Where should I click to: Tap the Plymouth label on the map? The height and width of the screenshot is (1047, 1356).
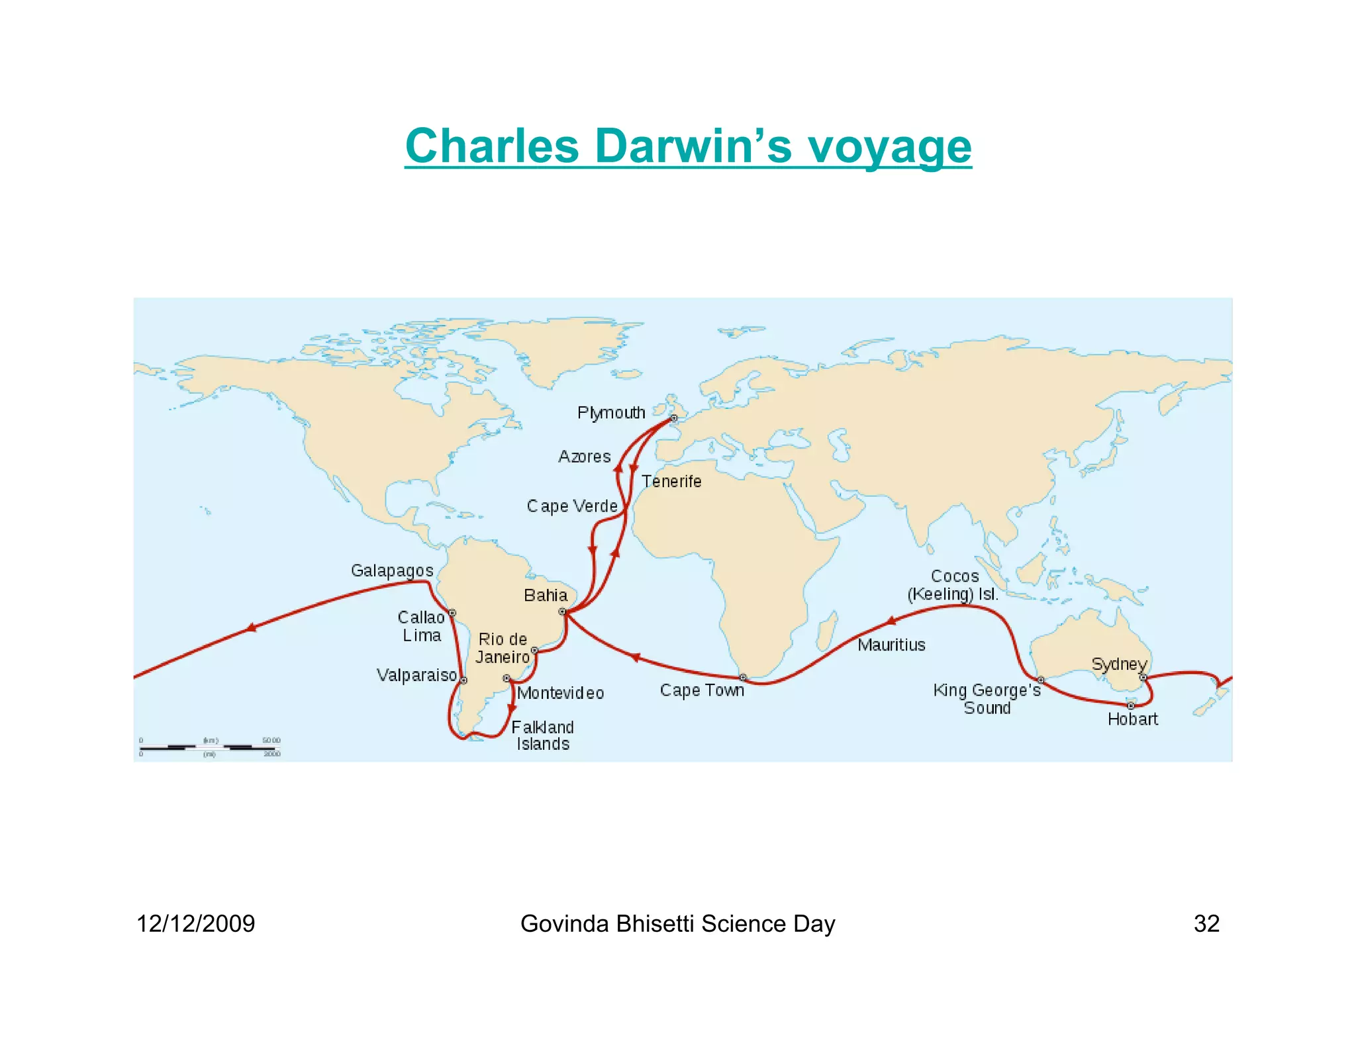point(610,413)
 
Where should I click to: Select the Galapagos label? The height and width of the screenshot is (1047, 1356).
point(392,570)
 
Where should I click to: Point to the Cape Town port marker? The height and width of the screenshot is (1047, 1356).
point(743,677)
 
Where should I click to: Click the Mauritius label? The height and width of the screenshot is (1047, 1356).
point(891,645)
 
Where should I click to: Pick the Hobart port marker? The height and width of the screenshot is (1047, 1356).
point(1131,706)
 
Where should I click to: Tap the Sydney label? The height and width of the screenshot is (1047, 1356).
point(1118,664)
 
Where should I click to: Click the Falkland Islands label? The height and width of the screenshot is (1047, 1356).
point(542,735)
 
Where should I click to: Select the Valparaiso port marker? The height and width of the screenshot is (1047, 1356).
point(463,680)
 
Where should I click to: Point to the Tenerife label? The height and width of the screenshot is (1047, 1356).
point(671,481)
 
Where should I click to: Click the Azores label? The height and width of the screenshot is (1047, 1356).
point(584,457)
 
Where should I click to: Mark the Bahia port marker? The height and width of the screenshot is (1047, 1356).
point(562,612)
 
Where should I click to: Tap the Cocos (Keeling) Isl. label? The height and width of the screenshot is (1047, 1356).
point(953,585)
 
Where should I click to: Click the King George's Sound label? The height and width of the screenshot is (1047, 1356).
point(987,699)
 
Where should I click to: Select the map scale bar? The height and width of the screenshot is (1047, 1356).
point(210,747)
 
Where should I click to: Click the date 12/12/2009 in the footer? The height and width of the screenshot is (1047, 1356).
point(195,923)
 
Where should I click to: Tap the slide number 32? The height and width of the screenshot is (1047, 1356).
point(1206,923)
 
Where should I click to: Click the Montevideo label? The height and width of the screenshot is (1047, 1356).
point(560,693)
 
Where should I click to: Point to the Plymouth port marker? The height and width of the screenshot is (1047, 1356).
point(673,418)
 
